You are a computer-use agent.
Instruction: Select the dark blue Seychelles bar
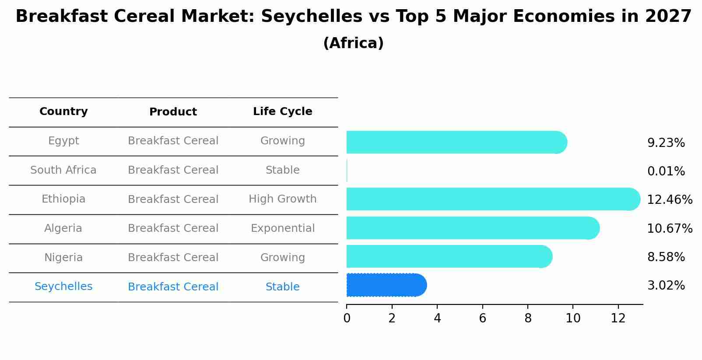(385, 285)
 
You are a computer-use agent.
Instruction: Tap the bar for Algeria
(470, 228)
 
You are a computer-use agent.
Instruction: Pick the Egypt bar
(455, 142)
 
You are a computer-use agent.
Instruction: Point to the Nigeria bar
(446, 256)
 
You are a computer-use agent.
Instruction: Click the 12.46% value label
(669, 200)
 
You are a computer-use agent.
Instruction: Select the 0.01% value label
(666, 171)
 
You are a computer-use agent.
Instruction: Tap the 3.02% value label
(666, 286)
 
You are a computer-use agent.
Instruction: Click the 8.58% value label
(666, 257)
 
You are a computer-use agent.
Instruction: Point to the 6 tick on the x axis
(482, 318)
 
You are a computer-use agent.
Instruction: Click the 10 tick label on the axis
(573, 318)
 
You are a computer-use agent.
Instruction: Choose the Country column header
(63, 112)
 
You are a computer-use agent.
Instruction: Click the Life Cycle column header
(282, 112)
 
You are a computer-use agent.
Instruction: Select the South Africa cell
(63, 170)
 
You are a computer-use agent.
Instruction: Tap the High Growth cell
(282, 199)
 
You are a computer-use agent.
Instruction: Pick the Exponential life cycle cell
(282, 228)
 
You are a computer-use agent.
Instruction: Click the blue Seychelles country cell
(63, 287)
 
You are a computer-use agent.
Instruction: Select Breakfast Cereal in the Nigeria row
(173, 258)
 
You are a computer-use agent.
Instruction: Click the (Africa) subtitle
(353, 43)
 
